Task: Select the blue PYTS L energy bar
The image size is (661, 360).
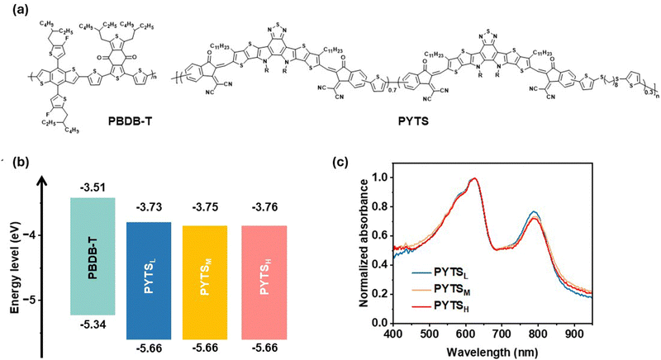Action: point(148,281)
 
